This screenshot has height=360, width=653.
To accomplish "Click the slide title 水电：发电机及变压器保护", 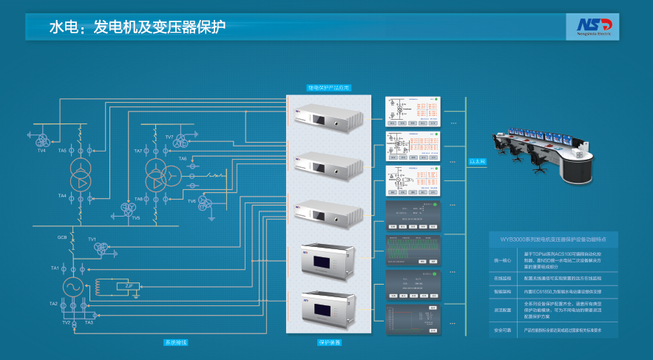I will (137, 27).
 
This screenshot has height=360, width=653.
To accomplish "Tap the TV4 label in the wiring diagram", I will (41, 150).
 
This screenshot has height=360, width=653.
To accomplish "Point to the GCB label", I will (62, 237).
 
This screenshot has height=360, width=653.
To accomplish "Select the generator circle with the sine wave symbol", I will (72, 286).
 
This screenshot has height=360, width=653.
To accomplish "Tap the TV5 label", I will (135, 218).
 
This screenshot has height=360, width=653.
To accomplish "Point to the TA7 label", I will (138, 151).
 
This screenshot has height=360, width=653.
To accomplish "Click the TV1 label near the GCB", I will (92, 240).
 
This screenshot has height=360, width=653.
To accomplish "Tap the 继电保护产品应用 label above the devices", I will (328, 87).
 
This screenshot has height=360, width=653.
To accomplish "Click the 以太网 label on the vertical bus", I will (478, 160).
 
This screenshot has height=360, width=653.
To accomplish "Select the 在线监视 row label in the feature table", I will (502, 278).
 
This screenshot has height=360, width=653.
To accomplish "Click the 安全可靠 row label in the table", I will (502, 330).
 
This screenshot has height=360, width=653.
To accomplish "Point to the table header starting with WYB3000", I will (553, 240).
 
